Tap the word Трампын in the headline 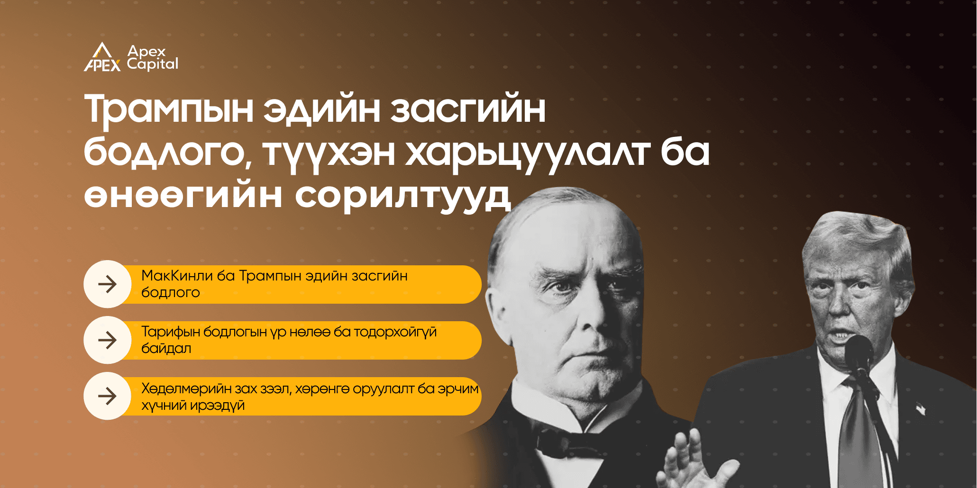click(x=169, y=109)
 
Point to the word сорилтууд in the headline click(x=403, y=195)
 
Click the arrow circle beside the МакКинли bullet click(x=108, y=284)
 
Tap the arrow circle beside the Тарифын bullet click(x=108, y=340)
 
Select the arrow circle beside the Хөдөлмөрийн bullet click(x=108, y=396)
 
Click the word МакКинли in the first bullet click(x=177, y=276)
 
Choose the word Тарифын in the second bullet click(x=171, y=332)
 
